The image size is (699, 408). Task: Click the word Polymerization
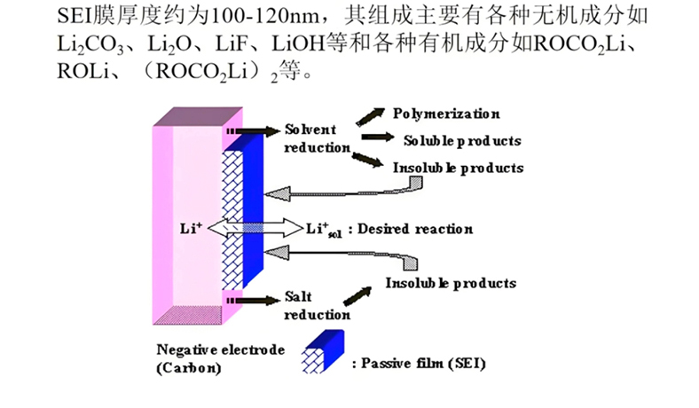tap(446, 114)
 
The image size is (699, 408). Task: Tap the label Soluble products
tap(461, 140)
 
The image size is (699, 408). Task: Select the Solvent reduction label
tap(317, 138)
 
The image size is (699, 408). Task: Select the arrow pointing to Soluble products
tap(376, 137)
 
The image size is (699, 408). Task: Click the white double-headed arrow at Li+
tap(258, 228)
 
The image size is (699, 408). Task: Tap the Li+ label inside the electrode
tap(191, 228)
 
